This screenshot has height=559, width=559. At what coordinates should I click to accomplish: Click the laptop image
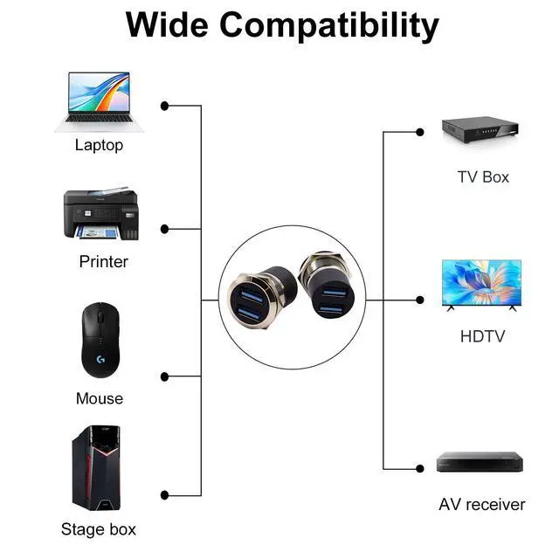tap(99, 101)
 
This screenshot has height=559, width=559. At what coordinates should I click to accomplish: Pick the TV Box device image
tap(481, 134)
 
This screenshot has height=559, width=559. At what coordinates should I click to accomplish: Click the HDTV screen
tap(481, 285)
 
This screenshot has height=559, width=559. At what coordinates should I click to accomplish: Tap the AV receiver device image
tap(481, 463)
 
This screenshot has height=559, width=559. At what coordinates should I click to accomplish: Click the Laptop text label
tap(99, 146)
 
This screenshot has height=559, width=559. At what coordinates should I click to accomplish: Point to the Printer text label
tap(103, 261)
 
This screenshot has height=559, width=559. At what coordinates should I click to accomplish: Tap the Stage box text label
tap(99, 528)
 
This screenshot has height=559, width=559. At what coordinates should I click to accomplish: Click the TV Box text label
tap(483, 177)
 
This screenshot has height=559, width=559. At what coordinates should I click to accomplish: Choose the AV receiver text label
tap(482, 504)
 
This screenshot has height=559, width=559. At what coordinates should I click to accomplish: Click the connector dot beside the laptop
tap(165, 106)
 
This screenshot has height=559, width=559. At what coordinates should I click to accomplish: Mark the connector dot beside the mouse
tap(165, 376)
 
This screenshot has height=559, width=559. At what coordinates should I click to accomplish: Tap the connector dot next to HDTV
tap(420, 300)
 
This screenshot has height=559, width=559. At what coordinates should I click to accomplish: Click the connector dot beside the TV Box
tap(420, 132)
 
